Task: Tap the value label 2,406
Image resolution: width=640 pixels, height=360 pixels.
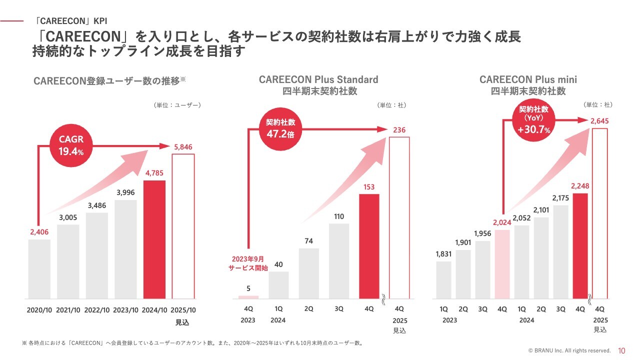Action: (39, 231)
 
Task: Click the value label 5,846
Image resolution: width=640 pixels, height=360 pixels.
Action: (182, 147)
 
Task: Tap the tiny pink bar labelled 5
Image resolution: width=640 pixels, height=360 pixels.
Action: (248, 297)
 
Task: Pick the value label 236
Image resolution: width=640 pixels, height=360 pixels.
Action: (399, 130)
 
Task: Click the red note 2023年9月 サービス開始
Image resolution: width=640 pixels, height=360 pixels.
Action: (248, 263)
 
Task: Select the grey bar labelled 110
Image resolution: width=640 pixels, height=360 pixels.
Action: (339, 260)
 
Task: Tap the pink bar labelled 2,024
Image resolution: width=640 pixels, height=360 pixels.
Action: (502, 264)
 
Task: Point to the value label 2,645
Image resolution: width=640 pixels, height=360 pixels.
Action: (599, 121)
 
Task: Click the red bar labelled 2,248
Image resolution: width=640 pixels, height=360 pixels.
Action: (580, 245)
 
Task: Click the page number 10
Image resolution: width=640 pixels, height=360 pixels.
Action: (622, 350)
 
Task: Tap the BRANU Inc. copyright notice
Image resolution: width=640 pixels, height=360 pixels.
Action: (569, 351)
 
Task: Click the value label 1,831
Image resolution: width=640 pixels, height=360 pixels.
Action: (443, 254)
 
